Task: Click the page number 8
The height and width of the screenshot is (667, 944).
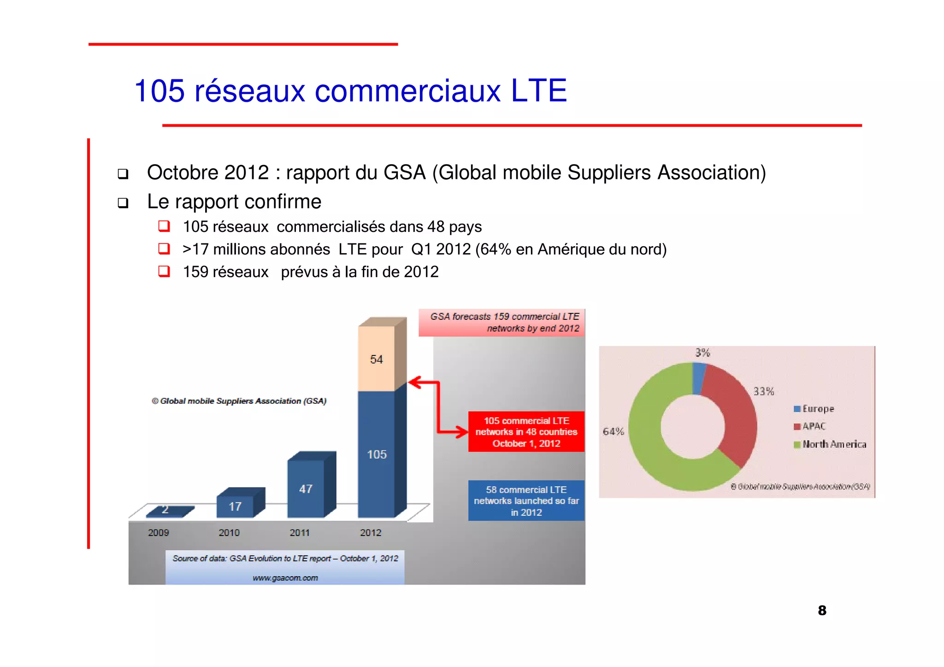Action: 822,610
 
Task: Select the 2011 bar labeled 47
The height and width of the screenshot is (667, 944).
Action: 306,489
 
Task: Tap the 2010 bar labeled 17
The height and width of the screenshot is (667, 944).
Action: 235,507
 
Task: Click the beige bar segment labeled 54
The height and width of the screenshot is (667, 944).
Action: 376,360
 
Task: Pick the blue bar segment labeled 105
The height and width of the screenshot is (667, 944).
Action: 376,455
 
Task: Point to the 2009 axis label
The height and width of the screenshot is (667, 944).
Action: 159,533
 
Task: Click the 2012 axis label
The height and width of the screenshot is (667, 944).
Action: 371,533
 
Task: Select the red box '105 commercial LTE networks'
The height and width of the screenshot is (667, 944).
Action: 526,432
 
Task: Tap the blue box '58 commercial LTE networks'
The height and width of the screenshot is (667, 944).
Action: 526,501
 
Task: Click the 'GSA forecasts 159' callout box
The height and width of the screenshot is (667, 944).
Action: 502,323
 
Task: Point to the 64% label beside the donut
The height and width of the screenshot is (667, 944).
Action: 613,432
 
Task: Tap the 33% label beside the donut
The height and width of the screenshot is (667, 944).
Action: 763,391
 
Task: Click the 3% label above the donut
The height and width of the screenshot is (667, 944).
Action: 702,353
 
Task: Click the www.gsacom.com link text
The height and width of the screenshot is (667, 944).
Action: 285,578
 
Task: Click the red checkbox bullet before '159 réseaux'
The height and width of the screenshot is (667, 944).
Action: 164,272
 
